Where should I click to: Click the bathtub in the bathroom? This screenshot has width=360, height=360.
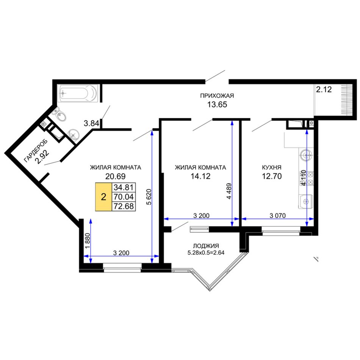tap(78, 94)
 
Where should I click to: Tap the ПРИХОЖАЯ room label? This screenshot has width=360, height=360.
tap(217, 95)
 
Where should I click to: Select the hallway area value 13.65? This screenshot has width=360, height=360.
tap(217, 105)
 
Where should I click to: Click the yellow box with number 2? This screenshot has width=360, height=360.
tap(103, 197)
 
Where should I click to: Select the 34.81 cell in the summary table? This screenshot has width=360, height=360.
tap(124, 187)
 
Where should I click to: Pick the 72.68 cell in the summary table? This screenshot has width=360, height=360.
tap(124, 206)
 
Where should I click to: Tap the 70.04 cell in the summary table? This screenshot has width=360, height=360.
tap(124, 197)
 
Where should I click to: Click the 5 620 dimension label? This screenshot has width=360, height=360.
tap(149, 197)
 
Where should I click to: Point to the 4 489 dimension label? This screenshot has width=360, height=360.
tap(229, 191)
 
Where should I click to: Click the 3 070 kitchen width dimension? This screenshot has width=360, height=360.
tap(277, 216)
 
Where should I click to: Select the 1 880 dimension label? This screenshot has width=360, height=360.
tap(88, 241)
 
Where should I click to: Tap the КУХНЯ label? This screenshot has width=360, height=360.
tap(272, 167)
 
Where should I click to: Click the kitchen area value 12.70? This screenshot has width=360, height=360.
tap(272, 176)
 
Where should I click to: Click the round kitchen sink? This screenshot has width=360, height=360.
tap(306, 155)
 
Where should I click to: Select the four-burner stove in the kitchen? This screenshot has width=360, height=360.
tap(306, 178)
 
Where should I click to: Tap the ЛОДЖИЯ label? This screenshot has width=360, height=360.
tap(206, 246)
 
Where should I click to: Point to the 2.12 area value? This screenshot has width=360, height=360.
tap(324, 89)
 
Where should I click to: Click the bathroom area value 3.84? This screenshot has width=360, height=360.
tap(91, 124)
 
